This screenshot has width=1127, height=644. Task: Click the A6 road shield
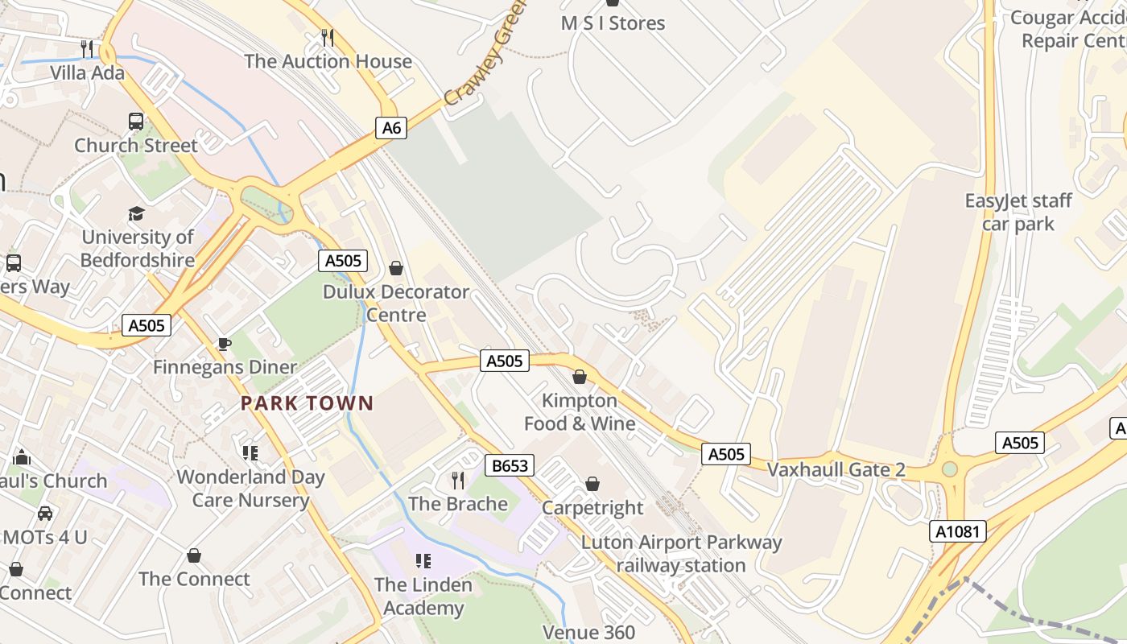point(390,127)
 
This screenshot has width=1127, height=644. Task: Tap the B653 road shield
point(510,465)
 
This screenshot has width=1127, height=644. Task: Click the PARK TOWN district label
point(308,403)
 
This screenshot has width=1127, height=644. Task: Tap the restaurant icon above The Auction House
point(328,37)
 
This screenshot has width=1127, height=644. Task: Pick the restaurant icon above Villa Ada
point(87,49)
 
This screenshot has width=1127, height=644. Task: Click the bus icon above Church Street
point(136,122)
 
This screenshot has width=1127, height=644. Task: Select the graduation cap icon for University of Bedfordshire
point(136,214)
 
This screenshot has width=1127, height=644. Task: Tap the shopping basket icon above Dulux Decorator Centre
point(396,267)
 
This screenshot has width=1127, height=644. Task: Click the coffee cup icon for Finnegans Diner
point(225,345)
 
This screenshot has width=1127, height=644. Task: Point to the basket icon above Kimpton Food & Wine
point(579,377)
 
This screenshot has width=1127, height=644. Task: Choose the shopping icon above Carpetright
point(592,484)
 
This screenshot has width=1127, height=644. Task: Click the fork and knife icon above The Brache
point(458,481)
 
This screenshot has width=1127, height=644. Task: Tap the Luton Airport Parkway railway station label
point(681,554)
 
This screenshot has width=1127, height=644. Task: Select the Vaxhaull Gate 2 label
point(836,469)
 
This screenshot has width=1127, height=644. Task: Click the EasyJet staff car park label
point(1018,212)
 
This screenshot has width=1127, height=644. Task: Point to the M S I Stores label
point(613,23)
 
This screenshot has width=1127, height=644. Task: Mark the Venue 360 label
point(589,633)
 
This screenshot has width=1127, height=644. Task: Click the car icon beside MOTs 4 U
point(45,514)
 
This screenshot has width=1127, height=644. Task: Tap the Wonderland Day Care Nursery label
point(250,488)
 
